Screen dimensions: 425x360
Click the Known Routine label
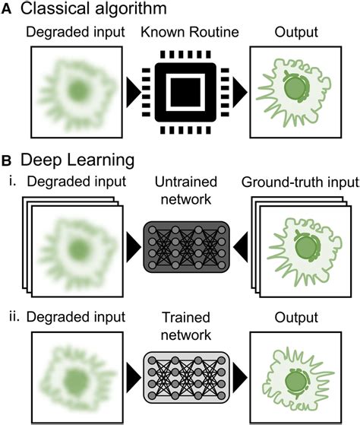click(x=180, y=36)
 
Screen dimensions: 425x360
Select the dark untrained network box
click(x=180, y=249)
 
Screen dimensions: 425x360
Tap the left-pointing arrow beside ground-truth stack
click(x=242, y=249)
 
